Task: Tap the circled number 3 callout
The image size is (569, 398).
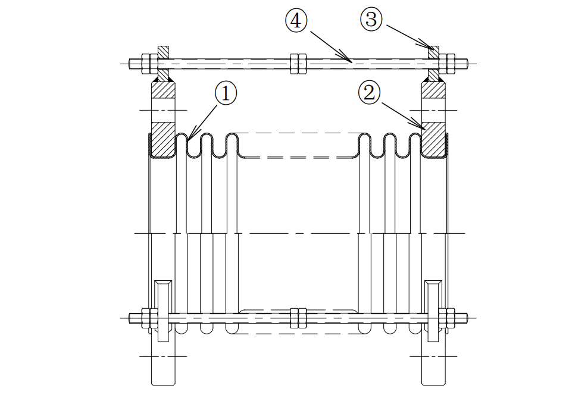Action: [370, 19]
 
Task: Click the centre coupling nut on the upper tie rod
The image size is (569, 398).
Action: [298, 62]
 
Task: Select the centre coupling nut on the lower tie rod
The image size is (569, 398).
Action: [298, 317]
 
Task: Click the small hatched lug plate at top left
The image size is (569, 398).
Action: [163, 53]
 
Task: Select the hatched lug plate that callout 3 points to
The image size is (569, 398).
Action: [433, 53]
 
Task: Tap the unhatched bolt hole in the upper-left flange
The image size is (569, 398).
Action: [163, 110]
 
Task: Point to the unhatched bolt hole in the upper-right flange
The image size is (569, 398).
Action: [433, 110]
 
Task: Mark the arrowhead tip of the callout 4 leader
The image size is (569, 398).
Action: [351, 61]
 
